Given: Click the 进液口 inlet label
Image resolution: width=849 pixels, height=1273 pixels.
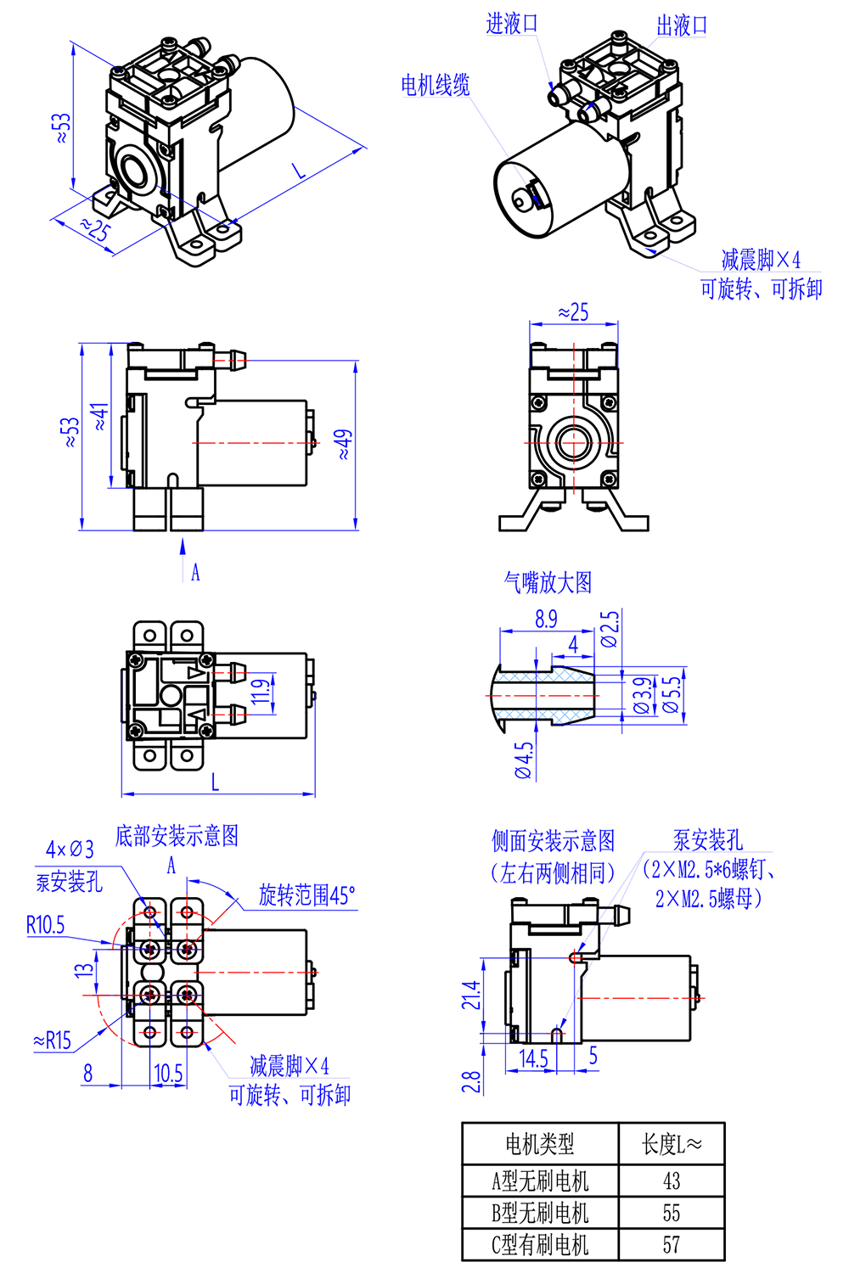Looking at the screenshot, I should coord(512,24).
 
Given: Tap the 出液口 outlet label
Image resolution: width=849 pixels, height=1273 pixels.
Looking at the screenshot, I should coord(682,25).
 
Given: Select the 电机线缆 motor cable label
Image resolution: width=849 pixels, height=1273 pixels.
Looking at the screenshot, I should coord(435,85).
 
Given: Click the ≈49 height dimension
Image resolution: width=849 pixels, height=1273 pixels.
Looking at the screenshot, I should coord(343,444).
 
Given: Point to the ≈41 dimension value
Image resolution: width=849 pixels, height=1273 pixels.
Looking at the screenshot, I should coord(100,417).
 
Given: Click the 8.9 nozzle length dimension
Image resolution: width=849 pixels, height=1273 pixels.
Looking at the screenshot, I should coord(546,620).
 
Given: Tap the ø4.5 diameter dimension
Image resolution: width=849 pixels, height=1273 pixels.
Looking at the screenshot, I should coord(524,760).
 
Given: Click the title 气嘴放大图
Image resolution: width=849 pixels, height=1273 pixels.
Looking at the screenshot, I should coord(548,582).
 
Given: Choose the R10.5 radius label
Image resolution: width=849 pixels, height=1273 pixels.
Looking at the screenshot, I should coord(45,924).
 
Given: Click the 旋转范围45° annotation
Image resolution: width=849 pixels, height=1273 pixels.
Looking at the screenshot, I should coord(306,895).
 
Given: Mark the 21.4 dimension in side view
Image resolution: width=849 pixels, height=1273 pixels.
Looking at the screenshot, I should coord(470,995).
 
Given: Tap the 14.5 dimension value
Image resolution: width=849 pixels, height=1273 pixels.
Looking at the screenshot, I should coord(533,1058).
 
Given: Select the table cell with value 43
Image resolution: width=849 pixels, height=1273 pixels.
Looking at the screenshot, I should coord(671,1180).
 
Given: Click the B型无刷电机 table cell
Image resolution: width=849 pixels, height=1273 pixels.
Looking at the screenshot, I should coord(540,1213).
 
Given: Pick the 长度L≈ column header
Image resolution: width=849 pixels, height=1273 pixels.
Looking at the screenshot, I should coord(671,1145).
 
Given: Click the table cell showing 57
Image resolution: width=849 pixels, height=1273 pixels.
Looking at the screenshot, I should coord(671,1245).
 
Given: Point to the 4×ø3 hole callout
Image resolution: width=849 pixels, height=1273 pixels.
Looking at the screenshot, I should coord(70,850).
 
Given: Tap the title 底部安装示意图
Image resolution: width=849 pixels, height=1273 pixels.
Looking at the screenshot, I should coord(177,836).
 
